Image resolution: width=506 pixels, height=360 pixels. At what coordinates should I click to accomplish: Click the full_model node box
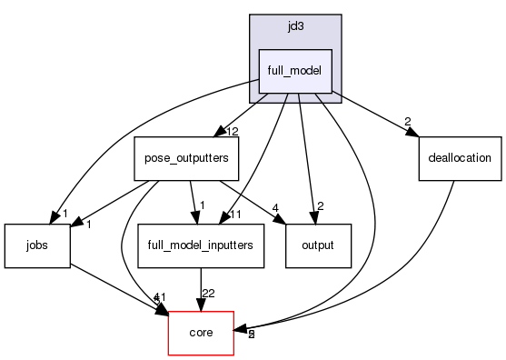[295, 71]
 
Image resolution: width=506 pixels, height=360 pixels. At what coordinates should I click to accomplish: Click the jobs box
[36, 245]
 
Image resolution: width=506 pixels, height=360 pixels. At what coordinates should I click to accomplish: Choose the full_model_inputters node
[200, 245]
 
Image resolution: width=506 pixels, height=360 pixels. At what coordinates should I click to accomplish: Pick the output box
[318, 245]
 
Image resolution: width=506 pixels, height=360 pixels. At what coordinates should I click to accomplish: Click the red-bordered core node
[201, 333]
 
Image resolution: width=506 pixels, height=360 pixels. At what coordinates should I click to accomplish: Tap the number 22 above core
[208, 294]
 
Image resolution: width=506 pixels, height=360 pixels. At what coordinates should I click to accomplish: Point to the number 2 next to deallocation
[408, 122]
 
